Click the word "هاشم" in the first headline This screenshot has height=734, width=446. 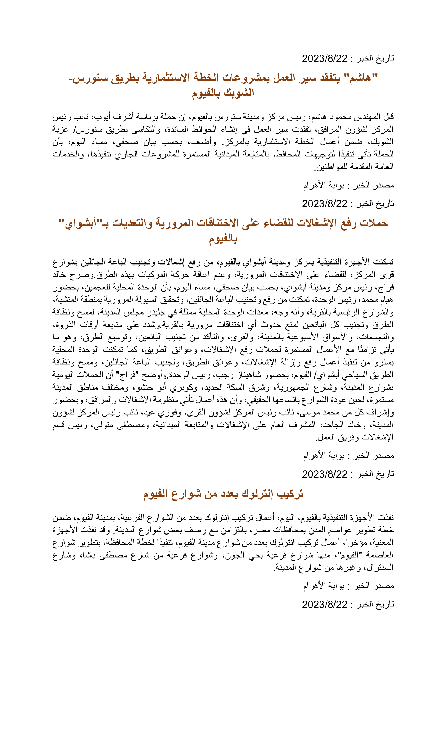tap(361, 78)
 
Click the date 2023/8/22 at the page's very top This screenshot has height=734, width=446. tap(325, 58)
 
